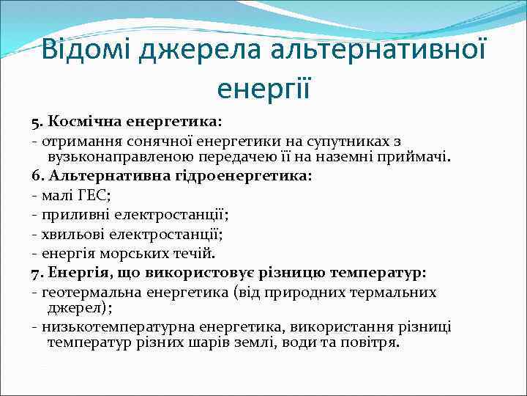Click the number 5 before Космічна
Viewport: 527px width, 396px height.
pos(35,120)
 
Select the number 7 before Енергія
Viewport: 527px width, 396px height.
pos(35,274)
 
